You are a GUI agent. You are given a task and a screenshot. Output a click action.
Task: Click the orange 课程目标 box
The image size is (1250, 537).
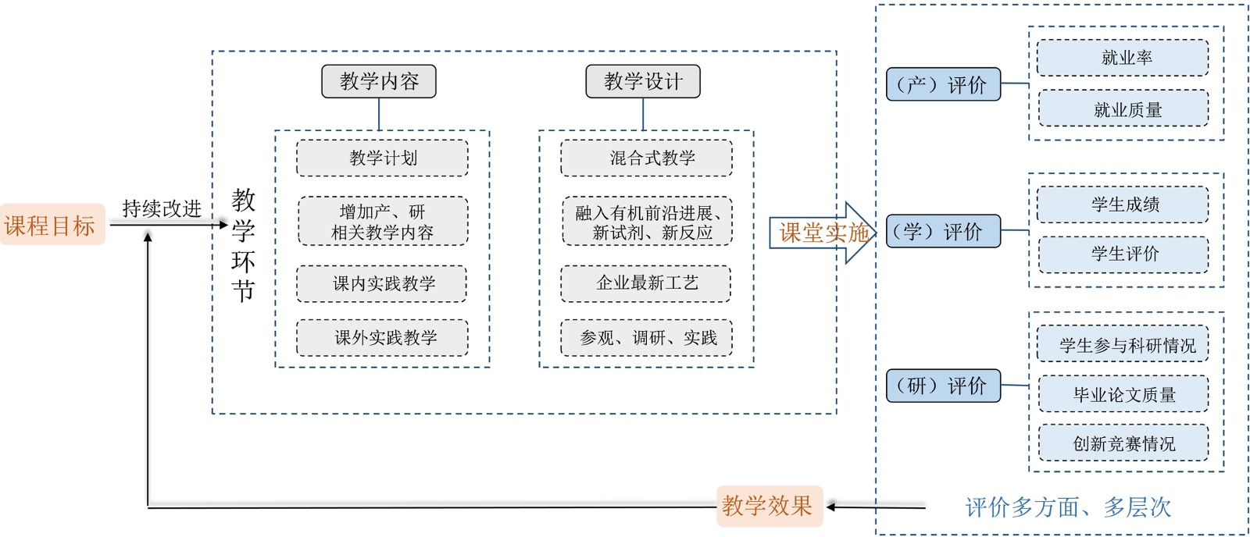tap(52, 225)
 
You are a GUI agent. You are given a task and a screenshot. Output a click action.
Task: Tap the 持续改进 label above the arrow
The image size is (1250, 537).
tap(162, 208)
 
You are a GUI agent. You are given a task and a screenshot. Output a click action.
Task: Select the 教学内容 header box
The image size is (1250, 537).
tap(379, 81)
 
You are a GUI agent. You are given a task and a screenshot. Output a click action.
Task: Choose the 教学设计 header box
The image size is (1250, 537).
tap(643, 81)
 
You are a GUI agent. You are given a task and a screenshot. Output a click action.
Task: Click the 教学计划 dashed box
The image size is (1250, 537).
tap(383, 158)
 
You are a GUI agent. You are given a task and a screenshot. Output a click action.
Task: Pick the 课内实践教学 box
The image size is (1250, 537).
tap(383, 283)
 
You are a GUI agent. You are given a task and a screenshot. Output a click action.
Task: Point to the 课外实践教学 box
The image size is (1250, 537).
tap(383, 338)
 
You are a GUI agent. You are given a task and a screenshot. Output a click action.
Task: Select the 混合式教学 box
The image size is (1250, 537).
tap(647, 158)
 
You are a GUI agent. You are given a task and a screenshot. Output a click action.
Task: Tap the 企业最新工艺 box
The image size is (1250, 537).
tap(647, 283)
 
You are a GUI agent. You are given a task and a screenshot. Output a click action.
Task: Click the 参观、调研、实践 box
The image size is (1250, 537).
tap(647, 338)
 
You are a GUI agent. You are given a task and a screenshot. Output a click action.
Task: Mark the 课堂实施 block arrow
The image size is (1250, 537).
tap(820, 233)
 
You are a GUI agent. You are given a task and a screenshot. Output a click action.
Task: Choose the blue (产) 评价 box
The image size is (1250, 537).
tap(943, 84)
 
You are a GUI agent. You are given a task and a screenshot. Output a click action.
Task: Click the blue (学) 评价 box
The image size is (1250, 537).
tap(943, 231)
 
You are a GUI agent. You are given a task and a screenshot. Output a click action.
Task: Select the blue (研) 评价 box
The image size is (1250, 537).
tap(943, 386)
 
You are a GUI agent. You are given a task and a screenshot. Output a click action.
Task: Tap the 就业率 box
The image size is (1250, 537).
tap(1123, 58)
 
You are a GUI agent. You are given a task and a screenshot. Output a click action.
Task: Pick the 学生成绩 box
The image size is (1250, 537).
tap(1123, 204)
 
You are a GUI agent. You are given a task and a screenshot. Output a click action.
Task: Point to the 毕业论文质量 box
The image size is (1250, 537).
tap(1123, 395)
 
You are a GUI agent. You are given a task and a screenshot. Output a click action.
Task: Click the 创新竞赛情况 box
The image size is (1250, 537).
tap(1123, 443)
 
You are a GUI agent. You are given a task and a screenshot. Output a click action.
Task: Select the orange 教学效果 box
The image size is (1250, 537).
tap(769, 506)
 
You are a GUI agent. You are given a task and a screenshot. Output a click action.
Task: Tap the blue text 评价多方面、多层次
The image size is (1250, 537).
tap(1068, 507)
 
